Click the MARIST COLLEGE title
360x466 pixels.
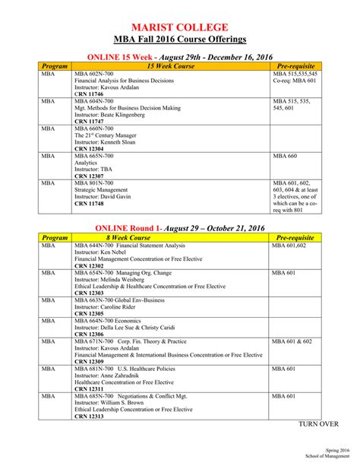(x=179, y=22)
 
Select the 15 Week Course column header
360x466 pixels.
(x=170, y=66)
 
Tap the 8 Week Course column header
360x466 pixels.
(x=170, y=237)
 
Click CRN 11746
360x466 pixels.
(x=88, y=94)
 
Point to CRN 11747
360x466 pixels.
(x=88, y=122)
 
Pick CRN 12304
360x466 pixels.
(x=88, y=149)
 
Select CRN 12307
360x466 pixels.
(x=88, y=176)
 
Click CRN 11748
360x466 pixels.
(x=88, y=204)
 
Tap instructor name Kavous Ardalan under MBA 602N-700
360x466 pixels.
(x=116, y=87)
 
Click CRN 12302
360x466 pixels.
(x=88, y=265)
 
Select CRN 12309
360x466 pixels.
(x=88, y=361)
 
